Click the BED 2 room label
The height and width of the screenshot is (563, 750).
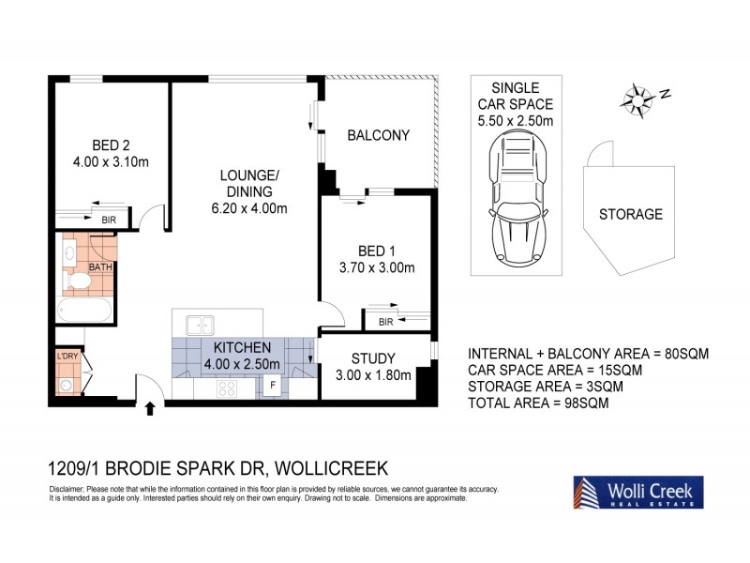pos(111,145)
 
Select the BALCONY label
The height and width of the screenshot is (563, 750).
pos(378,135)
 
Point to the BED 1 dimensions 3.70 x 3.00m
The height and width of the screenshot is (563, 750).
pos(377,267)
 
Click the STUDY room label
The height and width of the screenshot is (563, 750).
pos(374,358)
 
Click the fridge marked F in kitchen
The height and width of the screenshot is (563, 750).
pos(273,385)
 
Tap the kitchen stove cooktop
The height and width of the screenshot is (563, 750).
pos(229,387)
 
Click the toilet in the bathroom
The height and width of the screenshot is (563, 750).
pos(72,278)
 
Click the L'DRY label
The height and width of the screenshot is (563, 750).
pos(66,358)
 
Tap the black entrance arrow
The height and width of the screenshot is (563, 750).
pos(151,407)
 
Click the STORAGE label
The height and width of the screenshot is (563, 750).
pos(630,214)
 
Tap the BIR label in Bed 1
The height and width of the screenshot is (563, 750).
pos(385,322)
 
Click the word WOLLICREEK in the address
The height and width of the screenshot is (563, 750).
pos(322,467)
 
